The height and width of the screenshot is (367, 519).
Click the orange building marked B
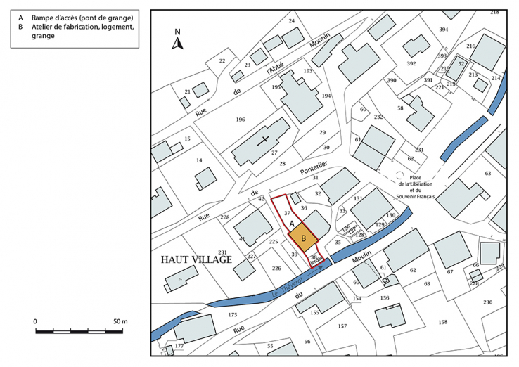pos(303,238)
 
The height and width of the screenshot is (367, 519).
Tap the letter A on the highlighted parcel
pos(292,223)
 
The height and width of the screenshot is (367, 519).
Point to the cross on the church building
pos(265,140)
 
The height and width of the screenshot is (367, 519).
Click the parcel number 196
pos(241,120)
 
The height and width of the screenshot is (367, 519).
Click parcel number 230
pos(487,302)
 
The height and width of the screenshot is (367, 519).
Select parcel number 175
pos(233,314)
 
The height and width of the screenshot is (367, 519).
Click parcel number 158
pos(442,322)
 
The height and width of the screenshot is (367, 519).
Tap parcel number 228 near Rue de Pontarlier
pos(225,217)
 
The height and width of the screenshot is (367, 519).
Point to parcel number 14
pos(199,160)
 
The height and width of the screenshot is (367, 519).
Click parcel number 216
pos(470,46)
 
